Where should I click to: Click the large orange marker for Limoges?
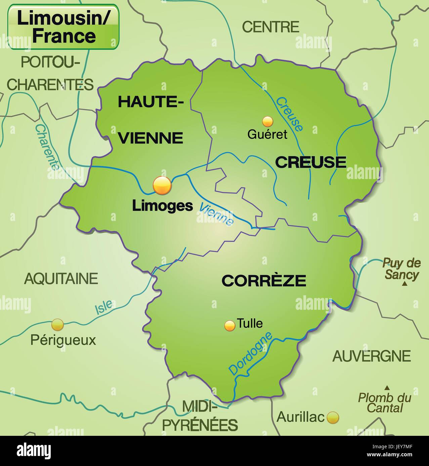point(162,185)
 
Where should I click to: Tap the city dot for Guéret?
point(267,121)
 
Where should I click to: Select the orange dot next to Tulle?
point(230,326)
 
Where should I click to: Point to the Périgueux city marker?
point(57,325)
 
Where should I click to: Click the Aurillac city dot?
point(333,417)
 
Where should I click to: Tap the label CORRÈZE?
point(264,281)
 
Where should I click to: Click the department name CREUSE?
point(310,162)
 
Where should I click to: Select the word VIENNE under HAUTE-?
point(152,138)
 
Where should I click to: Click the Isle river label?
point(103,307)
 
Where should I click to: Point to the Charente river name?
point(47,147)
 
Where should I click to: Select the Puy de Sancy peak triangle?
point(405,284)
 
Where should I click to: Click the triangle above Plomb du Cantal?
point(387,387)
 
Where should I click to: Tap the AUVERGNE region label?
point(372,356)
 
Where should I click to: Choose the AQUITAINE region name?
point(61,279)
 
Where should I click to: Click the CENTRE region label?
point(270,27)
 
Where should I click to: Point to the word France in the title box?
point(64,36)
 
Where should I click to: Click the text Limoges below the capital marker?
point(162,206)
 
